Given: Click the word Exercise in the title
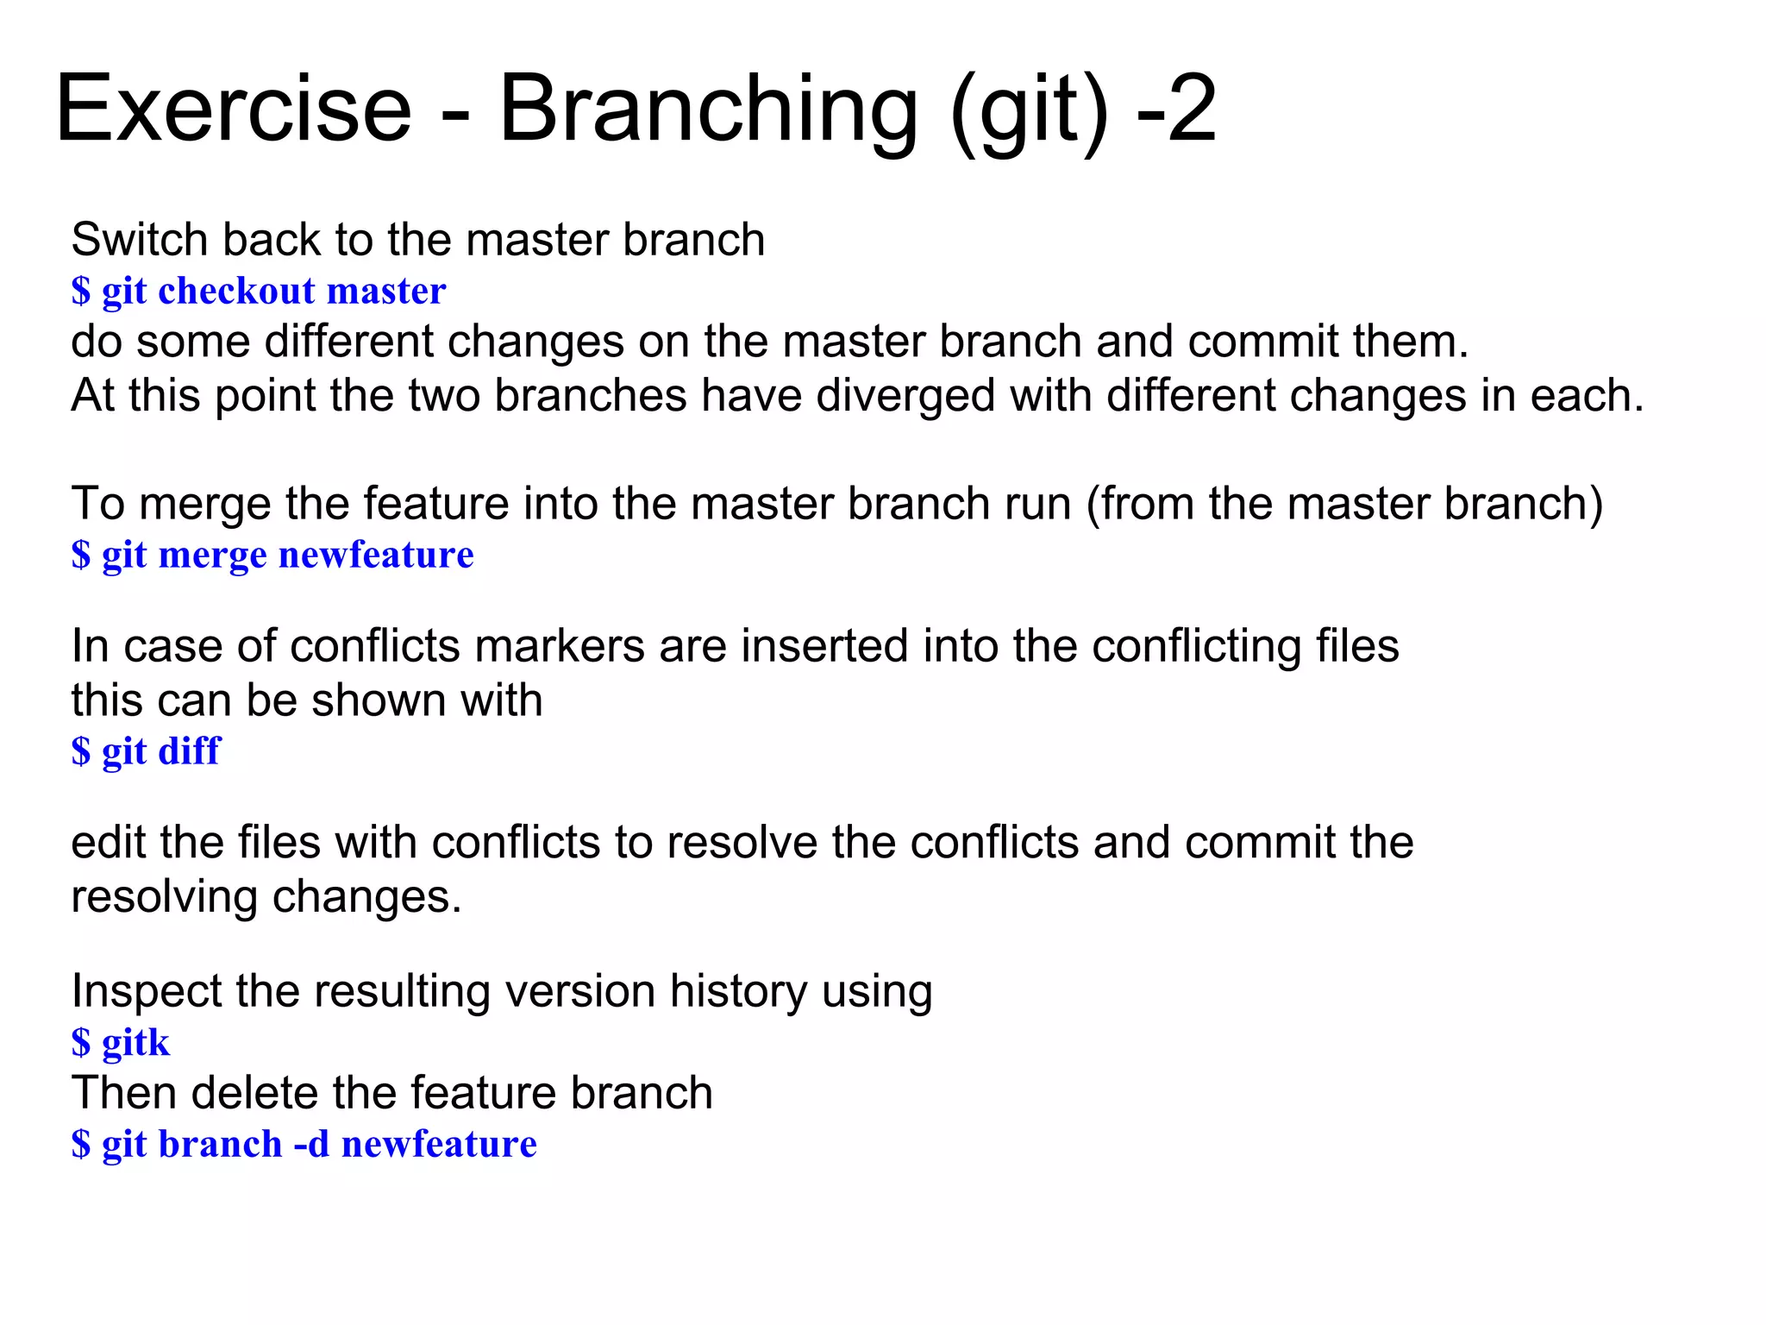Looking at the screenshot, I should coord(234,110).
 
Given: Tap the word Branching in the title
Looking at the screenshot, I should coord(708,110).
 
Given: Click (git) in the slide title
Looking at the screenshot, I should coord(1028,110).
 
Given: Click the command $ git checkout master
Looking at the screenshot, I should coord(259,292).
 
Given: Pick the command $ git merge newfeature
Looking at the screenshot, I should coord(272,556).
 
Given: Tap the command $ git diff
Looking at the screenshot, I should coord(146,751).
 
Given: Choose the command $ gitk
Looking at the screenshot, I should coord(121,1043).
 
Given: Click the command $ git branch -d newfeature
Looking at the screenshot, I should coord(304,1145).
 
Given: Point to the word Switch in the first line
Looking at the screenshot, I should coord(139,240).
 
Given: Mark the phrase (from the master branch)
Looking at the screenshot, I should coord(1344,504).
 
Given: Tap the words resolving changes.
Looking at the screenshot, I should coord(266,897).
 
